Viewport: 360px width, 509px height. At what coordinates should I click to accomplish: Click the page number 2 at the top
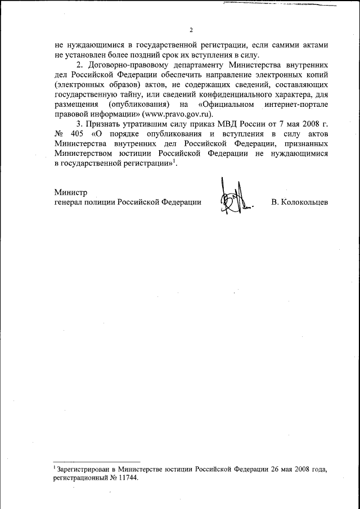tap(191, 30)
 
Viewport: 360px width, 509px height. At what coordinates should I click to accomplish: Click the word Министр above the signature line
tap(70, 192)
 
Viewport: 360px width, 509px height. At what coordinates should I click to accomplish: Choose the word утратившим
tap(151, 125)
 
